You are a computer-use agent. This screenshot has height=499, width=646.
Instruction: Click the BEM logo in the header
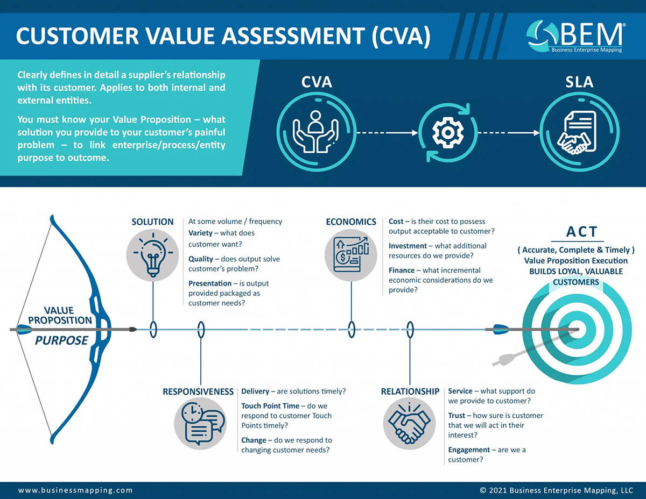tap(575, 37)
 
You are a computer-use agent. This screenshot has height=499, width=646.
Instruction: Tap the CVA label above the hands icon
tap(316, 82)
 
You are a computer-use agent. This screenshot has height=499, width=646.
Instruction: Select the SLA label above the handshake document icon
tap(579, 82)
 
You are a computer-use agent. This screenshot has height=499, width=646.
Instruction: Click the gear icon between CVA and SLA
tap(448, 132)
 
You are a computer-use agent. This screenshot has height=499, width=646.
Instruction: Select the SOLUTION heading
tap(153, 222)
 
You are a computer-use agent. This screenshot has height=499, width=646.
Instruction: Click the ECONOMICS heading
tap(351, 222)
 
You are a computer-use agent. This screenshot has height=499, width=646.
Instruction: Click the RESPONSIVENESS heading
tap(198, 391)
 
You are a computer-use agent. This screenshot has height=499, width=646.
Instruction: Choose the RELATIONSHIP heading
tap(410, 391)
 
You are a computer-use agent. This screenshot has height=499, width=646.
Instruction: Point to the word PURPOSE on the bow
tap(61, 340)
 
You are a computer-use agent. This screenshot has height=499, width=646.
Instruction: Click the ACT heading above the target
tap(582, 231)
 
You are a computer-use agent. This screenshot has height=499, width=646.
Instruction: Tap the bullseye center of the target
tap(577, 330)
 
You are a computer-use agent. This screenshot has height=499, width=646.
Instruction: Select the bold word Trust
tap(459, 416)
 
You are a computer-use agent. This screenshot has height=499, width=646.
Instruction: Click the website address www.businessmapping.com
tap(75, 490)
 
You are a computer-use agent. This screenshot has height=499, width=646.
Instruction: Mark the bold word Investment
tap(408, 246)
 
